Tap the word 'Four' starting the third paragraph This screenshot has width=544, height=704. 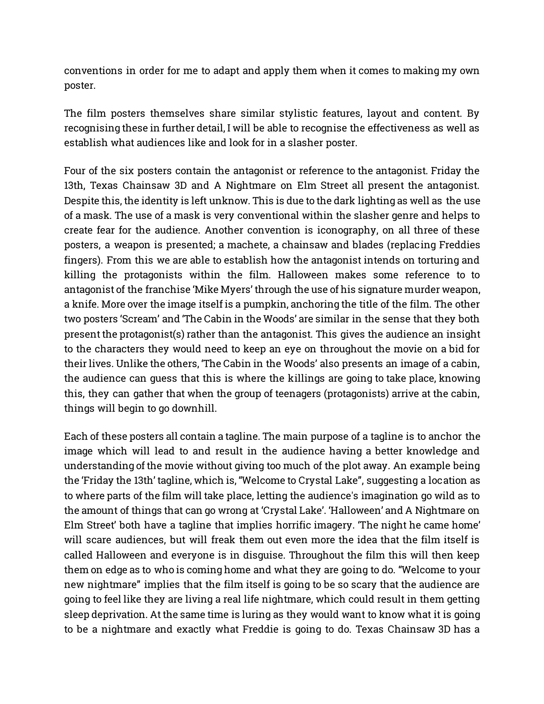[74, 171]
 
